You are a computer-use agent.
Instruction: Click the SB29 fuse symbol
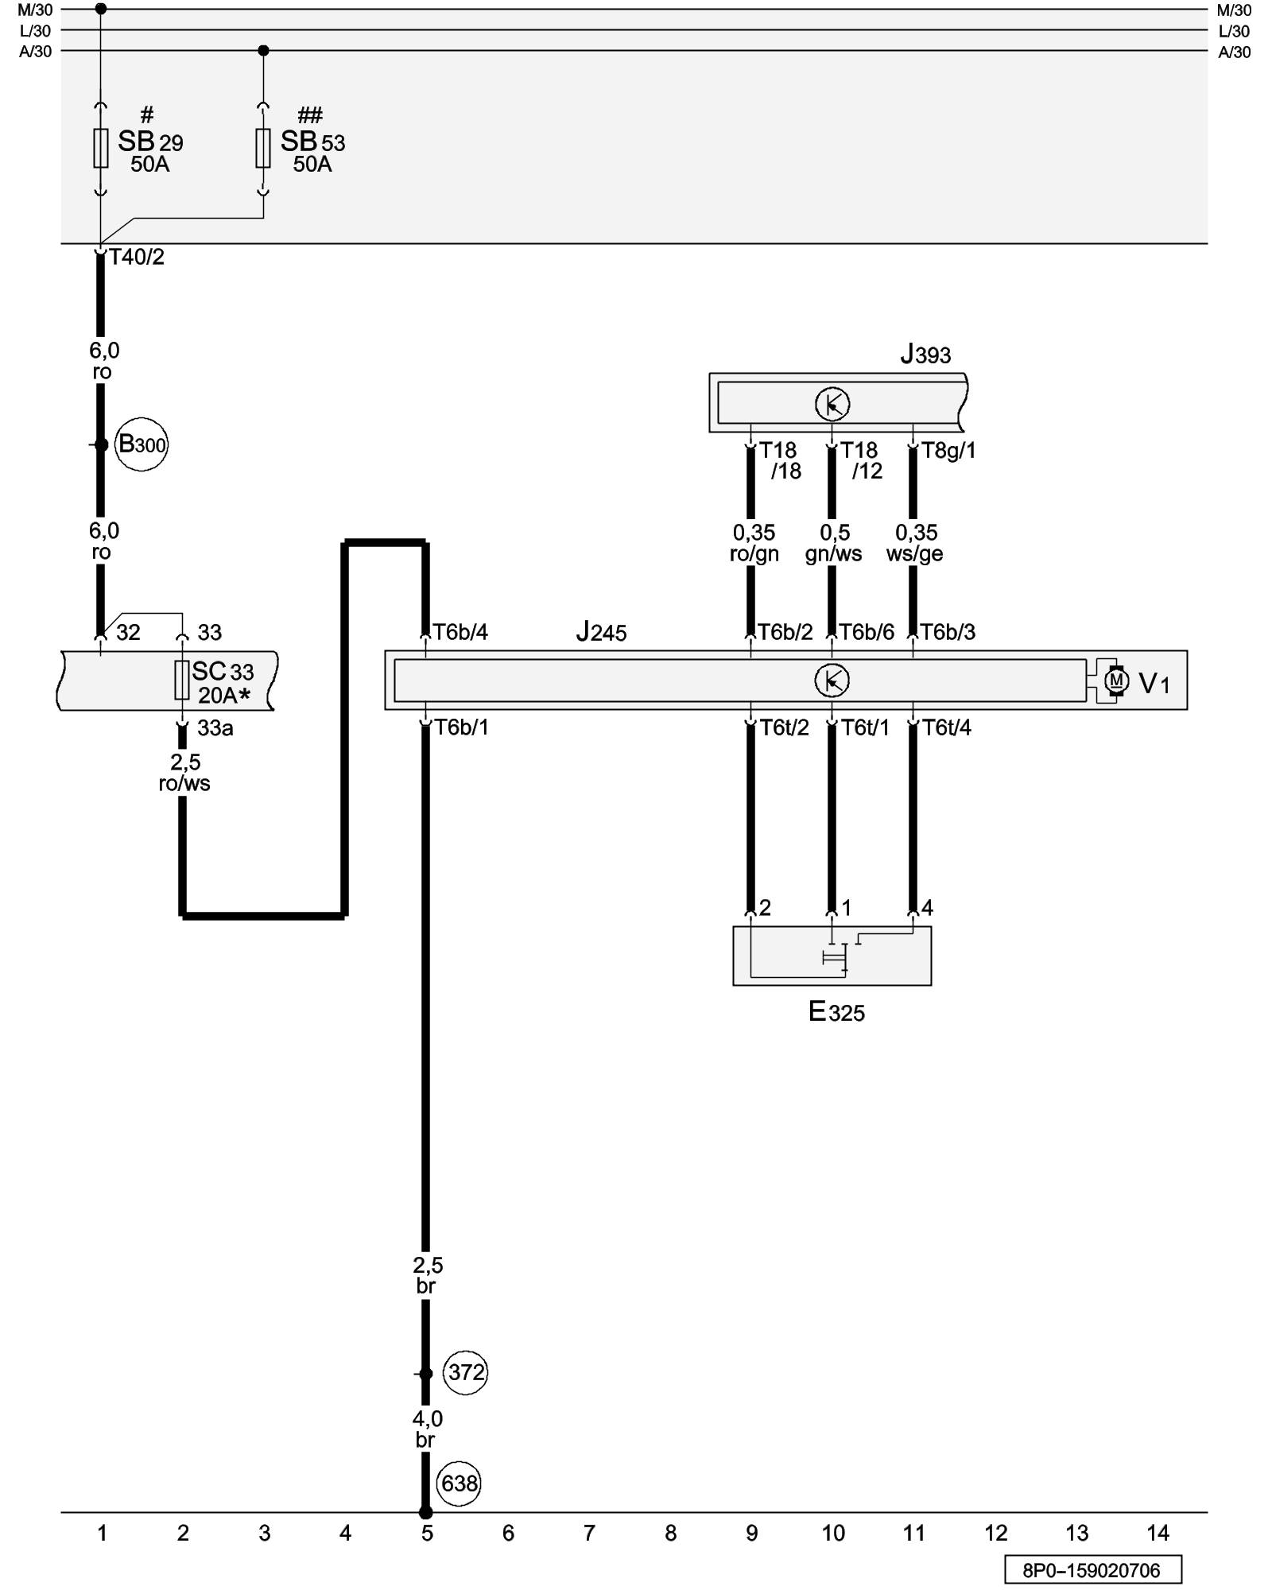tap(101, 148)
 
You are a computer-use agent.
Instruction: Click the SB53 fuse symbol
tap(263, 148)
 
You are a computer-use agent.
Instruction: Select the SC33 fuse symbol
tap(182, 680)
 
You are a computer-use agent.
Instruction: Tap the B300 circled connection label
tap(142, 444)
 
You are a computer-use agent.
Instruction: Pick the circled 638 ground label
tap(459, 1483)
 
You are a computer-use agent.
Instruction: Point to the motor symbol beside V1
tap(1116, 681)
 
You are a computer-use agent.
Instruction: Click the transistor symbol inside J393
tap(832, 405)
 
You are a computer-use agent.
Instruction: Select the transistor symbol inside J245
tap(832, 681)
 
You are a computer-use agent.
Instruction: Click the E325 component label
tap(836, 1012)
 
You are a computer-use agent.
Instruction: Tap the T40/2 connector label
tap(137, 257)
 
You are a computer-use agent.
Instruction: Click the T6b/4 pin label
tap(460, 632)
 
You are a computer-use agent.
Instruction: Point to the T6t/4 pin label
tap(946, 727)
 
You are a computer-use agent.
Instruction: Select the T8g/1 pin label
tap(948, 451)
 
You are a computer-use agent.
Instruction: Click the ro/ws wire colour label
tap(184, 783)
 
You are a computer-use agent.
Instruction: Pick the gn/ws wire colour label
tap(833, 554)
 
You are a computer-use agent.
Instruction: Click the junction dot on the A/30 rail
tap(264, 51)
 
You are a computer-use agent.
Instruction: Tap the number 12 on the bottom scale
tap(995, 1533)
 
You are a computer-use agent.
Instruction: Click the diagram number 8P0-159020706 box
tap(1092, 1570)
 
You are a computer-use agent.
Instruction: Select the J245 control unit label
tap(601, 633)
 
